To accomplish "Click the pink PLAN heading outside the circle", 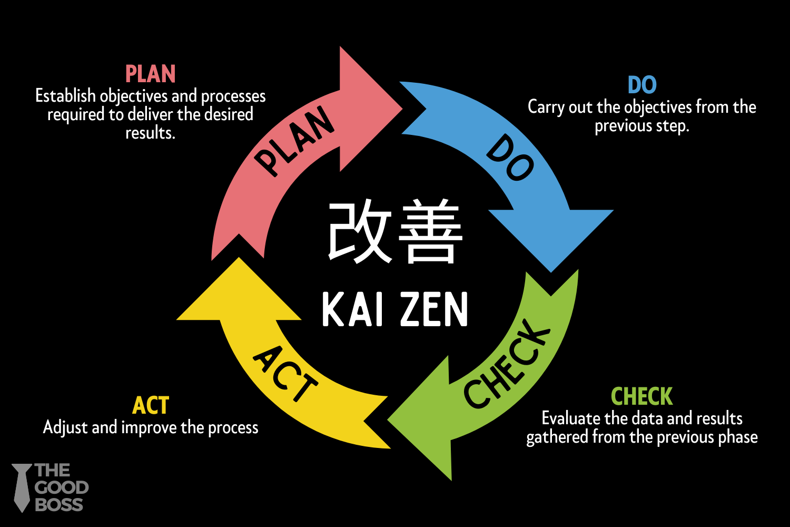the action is [x=150, y=74].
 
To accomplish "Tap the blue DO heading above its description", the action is [x=642, y=85].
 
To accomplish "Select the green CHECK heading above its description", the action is [x=641, y=396].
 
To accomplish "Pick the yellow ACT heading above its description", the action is [x=151, y=405].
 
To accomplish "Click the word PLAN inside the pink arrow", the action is [x=295, y=141].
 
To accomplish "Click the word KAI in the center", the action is [x=351, y=310].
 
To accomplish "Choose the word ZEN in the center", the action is [x=433, y=310].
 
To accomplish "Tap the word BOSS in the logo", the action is [x=59, y=504].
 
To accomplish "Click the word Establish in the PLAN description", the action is [x=66, y=96].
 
